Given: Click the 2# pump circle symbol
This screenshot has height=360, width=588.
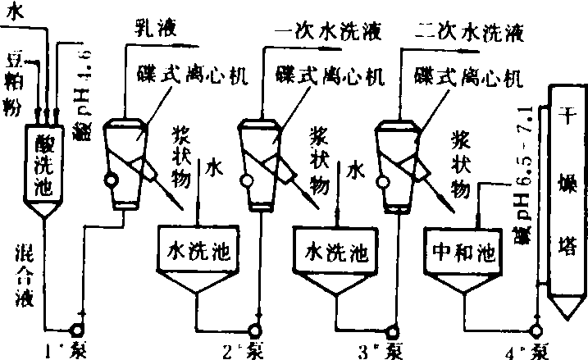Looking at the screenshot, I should (x=258, y=330).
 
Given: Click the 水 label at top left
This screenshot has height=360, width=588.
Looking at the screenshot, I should (x=15, y=11).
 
